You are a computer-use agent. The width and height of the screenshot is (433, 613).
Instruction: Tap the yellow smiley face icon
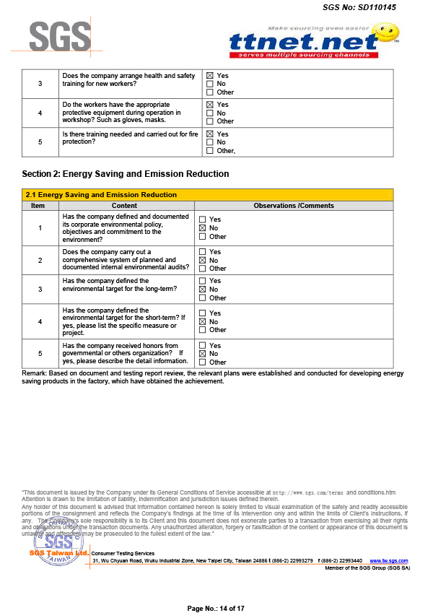tap(388, 32)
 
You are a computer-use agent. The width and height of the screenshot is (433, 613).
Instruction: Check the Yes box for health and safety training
tap(210, 75)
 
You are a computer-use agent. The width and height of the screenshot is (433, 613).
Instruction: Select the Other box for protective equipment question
tap(210, 121)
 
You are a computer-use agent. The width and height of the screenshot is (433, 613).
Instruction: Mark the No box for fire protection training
tap(210, 142)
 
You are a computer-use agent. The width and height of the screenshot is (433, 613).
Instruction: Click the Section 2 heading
tap(126, 174)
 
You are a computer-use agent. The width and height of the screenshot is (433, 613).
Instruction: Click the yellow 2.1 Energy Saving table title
tap(101, 195)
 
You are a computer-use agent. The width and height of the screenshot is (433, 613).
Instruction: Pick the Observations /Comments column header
tap(294, 206)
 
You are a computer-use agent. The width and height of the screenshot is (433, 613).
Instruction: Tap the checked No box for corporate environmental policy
tap(203, 228)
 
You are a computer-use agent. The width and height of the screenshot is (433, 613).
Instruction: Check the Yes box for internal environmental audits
tap(203, 252)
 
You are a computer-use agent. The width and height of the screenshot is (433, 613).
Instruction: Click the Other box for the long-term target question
tap(203, 297)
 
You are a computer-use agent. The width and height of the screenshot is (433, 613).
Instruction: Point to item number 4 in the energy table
tap(40, 321)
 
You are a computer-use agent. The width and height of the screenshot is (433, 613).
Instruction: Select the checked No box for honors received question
tap(203, 354)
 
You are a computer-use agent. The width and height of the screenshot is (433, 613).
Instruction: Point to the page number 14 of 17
tap(216, 608)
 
